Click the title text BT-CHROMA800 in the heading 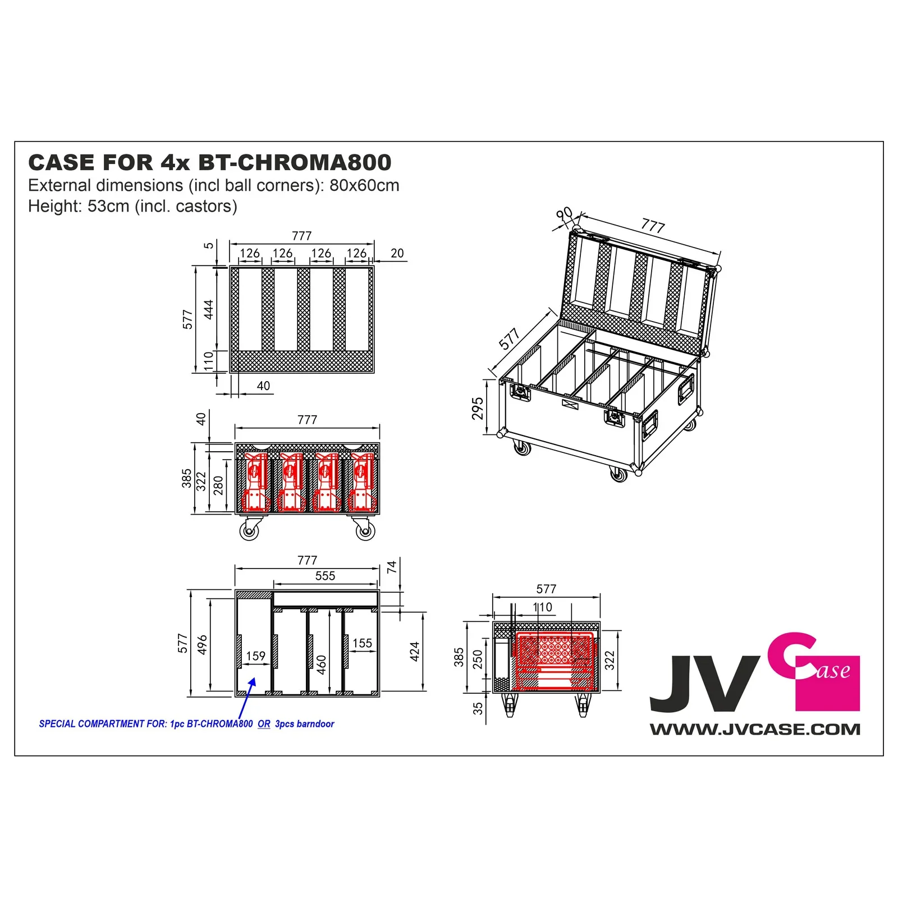point(295,163)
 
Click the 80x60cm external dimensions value point(364,185)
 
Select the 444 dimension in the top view point(209,310)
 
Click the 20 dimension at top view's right point(397,253)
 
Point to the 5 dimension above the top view point(209,245)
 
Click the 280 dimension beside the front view point(218,485)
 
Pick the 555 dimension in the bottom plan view point(325,576)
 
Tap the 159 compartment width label point(255,656)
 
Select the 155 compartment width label point(362,643)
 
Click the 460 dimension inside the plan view point(322,665)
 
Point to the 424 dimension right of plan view point(415,651)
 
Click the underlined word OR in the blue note point(264,724)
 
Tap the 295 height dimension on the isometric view point(478,408)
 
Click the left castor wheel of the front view point(250,530)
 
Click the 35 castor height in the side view point(478,708)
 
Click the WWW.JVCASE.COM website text point(755,730)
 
